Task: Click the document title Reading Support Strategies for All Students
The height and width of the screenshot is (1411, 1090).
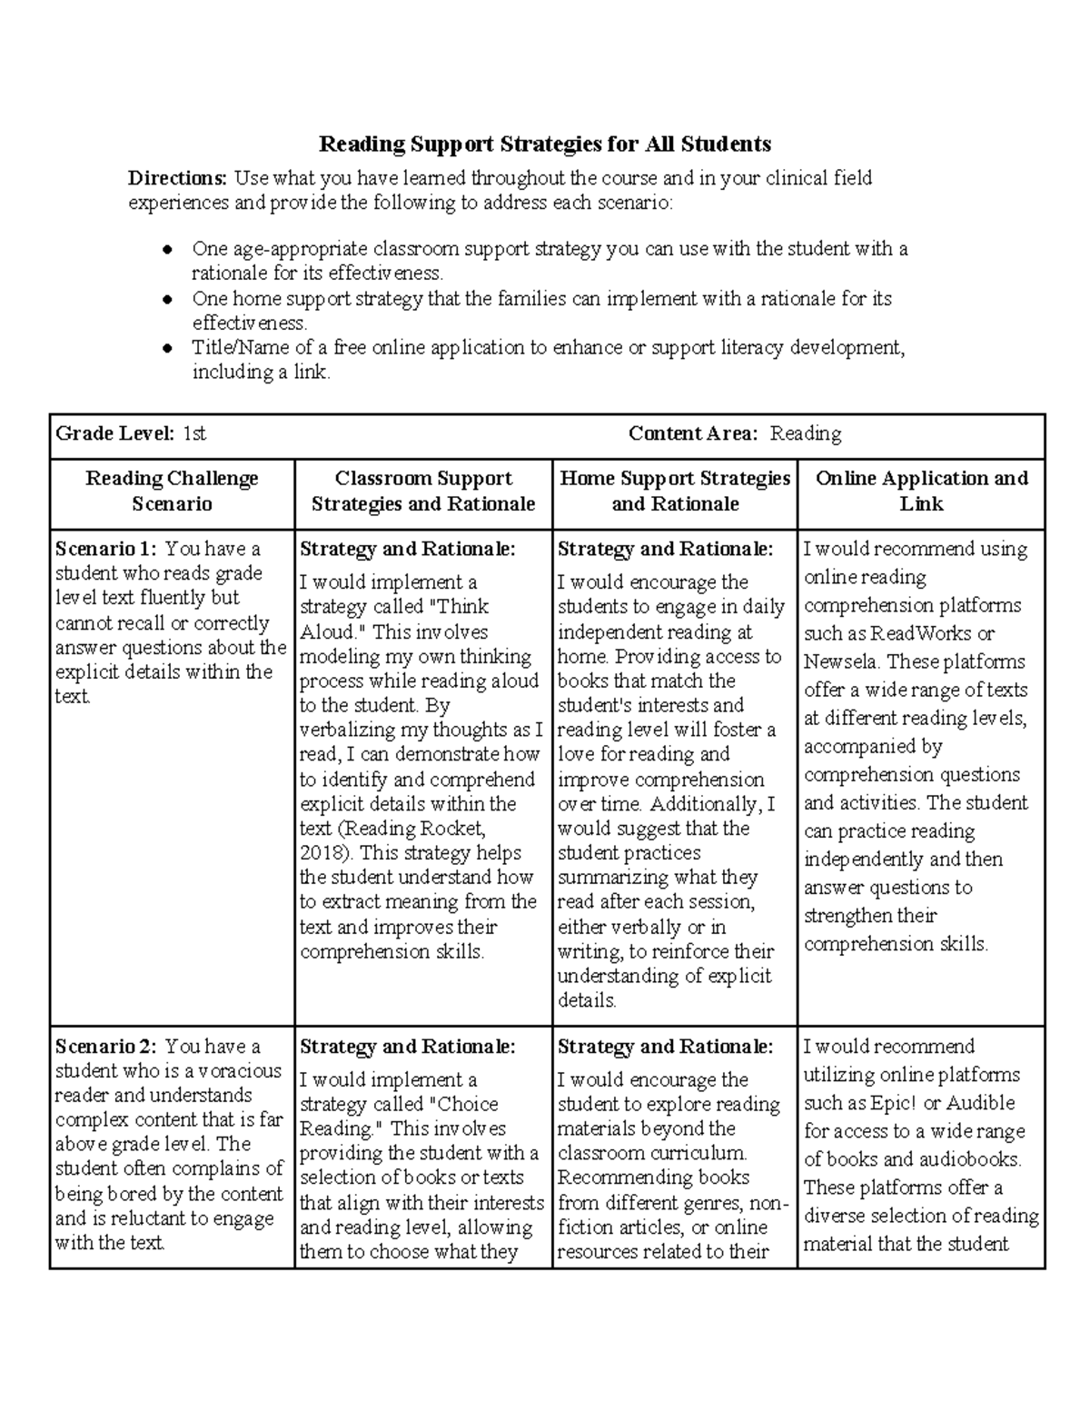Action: click(544, 144)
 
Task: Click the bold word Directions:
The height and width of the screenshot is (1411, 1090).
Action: click(177, 178)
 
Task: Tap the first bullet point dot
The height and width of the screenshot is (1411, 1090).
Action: click(167, 249)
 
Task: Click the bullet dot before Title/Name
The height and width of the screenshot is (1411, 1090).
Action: click(167, 347)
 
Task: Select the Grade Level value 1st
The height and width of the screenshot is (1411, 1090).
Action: click(194, 434)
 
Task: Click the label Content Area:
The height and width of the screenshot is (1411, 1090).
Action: click(693, 434)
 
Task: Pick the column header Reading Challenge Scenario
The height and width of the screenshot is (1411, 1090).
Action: click(172, 491)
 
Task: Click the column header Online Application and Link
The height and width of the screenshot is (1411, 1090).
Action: click(921, 491)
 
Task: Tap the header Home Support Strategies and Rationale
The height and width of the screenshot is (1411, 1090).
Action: click(675, 491)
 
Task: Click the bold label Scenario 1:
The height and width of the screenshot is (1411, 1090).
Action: click(106, 549)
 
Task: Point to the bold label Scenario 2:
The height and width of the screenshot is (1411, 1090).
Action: click(106, 1047)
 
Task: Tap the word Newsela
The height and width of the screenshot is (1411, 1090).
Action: click(840, 662)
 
